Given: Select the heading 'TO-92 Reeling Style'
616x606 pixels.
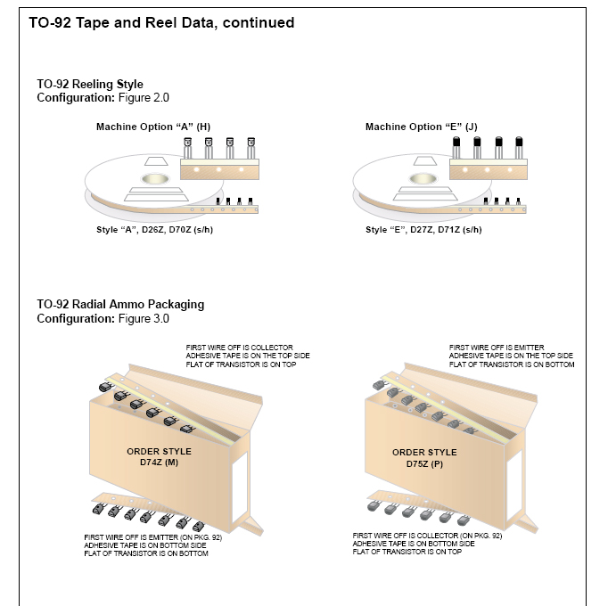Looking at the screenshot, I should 90,85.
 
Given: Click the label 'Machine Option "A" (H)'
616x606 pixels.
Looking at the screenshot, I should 153,127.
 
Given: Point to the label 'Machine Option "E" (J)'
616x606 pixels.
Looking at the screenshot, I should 422,127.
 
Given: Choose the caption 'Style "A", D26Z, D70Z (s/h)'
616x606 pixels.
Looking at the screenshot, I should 154,230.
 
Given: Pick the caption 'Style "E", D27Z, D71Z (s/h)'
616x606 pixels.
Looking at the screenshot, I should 423,230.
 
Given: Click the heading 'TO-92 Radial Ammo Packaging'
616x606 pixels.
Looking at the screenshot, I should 120,304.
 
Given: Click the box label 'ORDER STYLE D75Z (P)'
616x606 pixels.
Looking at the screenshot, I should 425,458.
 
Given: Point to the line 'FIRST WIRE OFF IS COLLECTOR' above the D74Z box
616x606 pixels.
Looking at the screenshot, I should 239,348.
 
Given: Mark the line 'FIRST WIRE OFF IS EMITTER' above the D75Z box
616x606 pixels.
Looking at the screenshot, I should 497,348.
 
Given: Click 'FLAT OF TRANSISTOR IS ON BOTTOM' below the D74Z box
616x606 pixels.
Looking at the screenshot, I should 147,554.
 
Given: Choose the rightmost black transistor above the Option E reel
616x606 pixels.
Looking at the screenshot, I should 520,143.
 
